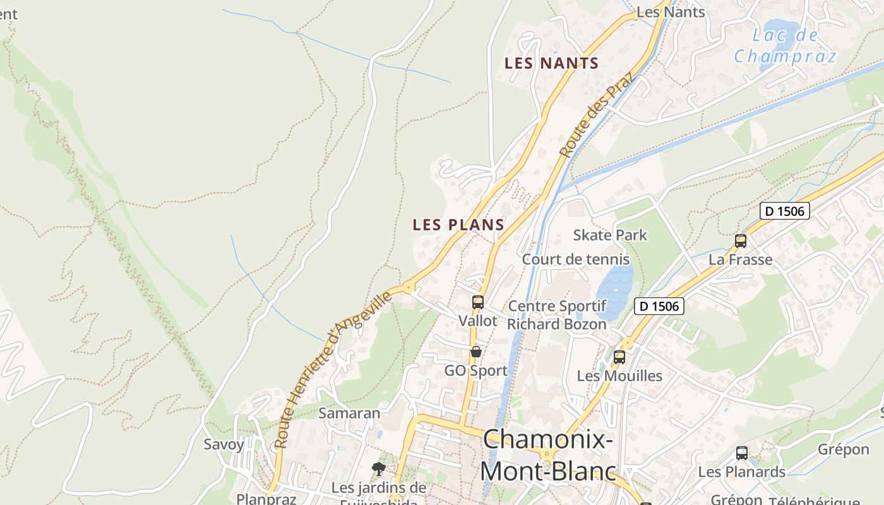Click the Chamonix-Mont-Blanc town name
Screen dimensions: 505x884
click(x=547, y=455)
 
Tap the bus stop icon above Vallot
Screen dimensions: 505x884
click(x=478, y=302)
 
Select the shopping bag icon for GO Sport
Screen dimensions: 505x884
click(x=476, y=352)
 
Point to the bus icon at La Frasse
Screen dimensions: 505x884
click(x=741, y=241)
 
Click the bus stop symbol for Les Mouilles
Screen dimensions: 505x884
click(x=619, y=357)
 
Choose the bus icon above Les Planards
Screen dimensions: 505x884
click(x=742, y=453)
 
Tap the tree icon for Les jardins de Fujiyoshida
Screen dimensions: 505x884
click(x=379, y=469)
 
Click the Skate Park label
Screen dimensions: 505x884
click(x=610, y=235)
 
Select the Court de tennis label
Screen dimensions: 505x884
click(x=575, y=259)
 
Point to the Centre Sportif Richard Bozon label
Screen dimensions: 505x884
click(x=557, y=315)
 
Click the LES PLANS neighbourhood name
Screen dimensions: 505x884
click(x=458, y=225)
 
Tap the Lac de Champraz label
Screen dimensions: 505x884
click(x=785, y=45)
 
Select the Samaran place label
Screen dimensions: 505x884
click(x=349, y=413)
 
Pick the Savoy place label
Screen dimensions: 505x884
click(x=224, y=444)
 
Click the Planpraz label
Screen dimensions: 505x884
click(x=266, y=499)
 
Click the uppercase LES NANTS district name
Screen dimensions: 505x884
click(x=551, y=63)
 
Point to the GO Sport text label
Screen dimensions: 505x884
click(x=475, y=371)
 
